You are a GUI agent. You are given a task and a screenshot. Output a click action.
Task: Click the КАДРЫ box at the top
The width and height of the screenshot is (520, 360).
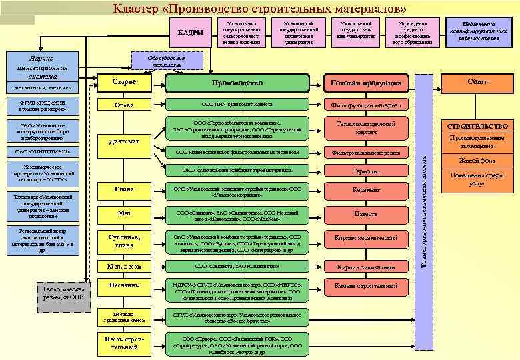click(x=191, y=33)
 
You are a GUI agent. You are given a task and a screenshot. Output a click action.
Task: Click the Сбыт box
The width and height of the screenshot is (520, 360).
click(x=477, y=81)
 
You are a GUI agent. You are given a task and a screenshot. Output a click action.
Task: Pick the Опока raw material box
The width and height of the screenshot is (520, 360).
click(x=124, y=105)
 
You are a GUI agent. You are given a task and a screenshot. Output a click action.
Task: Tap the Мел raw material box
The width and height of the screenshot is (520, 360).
click(x=124, y=213)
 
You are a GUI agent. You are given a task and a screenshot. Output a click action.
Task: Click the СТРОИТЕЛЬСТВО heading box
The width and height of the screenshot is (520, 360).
click(x=477, y=126)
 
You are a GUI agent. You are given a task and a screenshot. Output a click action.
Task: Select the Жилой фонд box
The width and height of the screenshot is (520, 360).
click(x=477, y=160)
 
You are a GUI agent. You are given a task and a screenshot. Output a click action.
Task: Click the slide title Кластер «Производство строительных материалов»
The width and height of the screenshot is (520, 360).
click(x=260, y=9)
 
